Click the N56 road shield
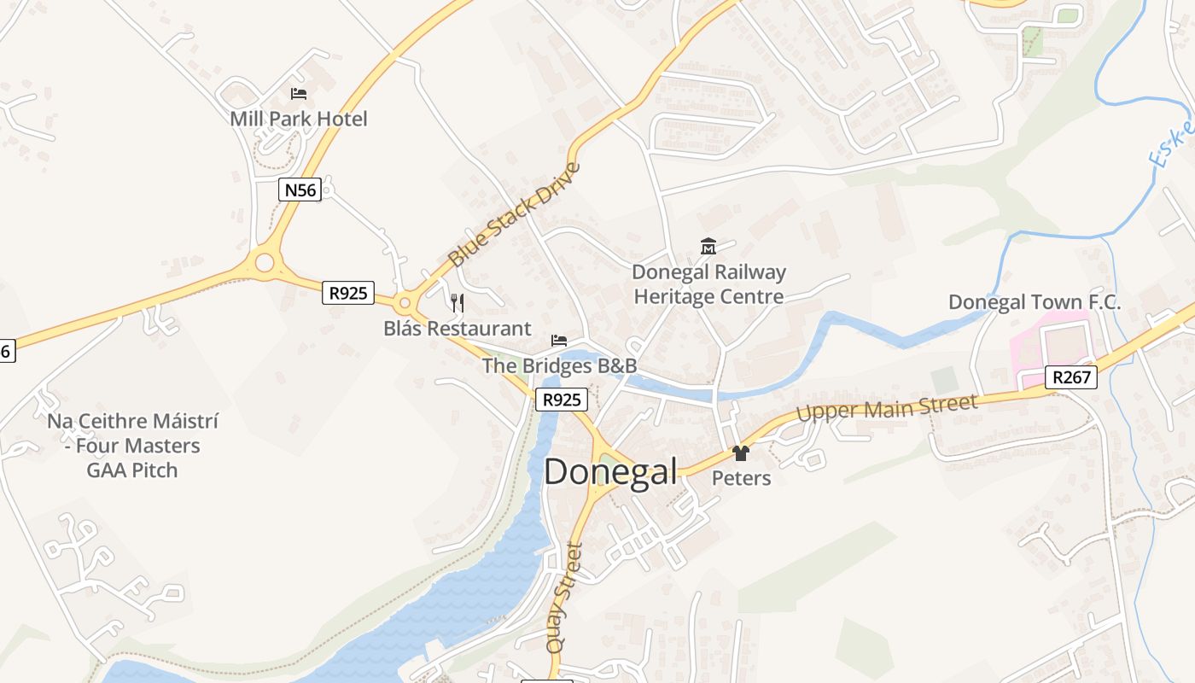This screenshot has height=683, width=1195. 300,190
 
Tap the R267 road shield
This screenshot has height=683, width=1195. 1070,377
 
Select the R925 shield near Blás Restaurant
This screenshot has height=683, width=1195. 348,293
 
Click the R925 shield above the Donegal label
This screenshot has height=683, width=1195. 562,400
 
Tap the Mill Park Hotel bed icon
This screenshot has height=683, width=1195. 299,94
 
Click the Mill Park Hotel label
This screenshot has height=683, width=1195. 299,119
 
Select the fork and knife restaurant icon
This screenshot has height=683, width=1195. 458,303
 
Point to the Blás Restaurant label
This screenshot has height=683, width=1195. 457,329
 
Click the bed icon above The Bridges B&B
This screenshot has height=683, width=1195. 559,341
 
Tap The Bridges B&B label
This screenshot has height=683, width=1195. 559,365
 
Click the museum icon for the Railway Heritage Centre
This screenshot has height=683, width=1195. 708,248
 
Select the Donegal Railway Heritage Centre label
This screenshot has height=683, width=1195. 708,284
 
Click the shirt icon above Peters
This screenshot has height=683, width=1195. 741,453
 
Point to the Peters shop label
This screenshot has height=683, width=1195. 741,478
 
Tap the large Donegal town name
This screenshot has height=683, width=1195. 610,472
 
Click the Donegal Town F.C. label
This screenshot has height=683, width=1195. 1035,302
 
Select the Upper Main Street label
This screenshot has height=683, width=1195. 887,407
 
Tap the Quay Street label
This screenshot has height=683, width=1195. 565,598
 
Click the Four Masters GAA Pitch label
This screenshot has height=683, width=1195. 132,446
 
